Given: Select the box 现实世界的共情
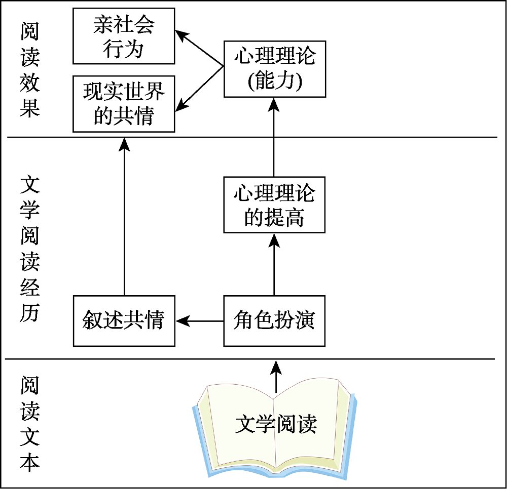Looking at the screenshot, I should click(x=124, y=104).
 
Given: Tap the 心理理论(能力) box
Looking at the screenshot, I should click(x=274, y=69).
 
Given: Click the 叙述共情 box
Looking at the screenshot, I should click(x=124, y=320).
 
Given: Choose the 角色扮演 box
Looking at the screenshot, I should click(x=274, y=320).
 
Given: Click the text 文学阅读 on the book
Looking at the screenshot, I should click(x=276, y=424).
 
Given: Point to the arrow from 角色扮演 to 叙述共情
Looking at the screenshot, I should click(x=200, y=320).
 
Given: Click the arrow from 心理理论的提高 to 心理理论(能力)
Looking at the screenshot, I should click(x=274, y=137).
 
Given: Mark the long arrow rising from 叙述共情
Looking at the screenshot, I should click(x=124, y=218).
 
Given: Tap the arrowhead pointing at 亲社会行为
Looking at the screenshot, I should click(x=180, y=34).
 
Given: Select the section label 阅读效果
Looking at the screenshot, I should click(x=30, y=70).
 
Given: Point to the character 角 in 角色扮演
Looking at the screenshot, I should click(x=244, y=320).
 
